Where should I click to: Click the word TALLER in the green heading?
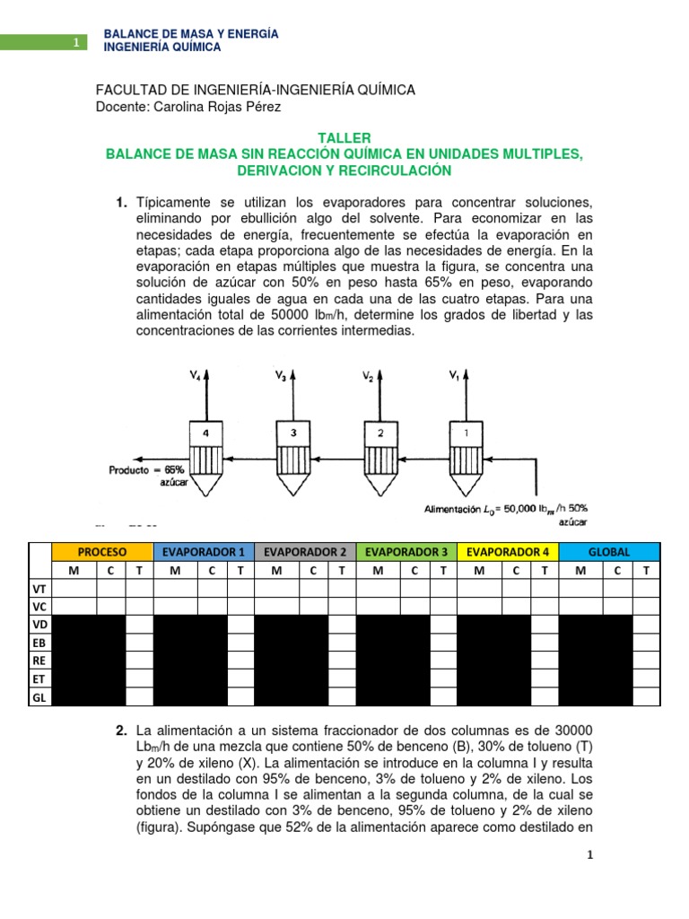pos(344,138)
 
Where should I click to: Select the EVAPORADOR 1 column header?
pos(204,551)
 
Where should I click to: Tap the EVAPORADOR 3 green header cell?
pos(406,551)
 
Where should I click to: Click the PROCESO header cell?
pos(102,551)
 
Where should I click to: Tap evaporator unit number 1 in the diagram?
pos(465,433)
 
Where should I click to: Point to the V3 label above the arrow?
pos(282,378)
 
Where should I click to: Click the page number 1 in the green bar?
pos(76,42)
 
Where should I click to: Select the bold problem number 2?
pos(120,729)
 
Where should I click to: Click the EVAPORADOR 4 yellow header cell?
pos(508,551)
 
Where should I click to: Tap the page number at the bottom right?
pos(589,856)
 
